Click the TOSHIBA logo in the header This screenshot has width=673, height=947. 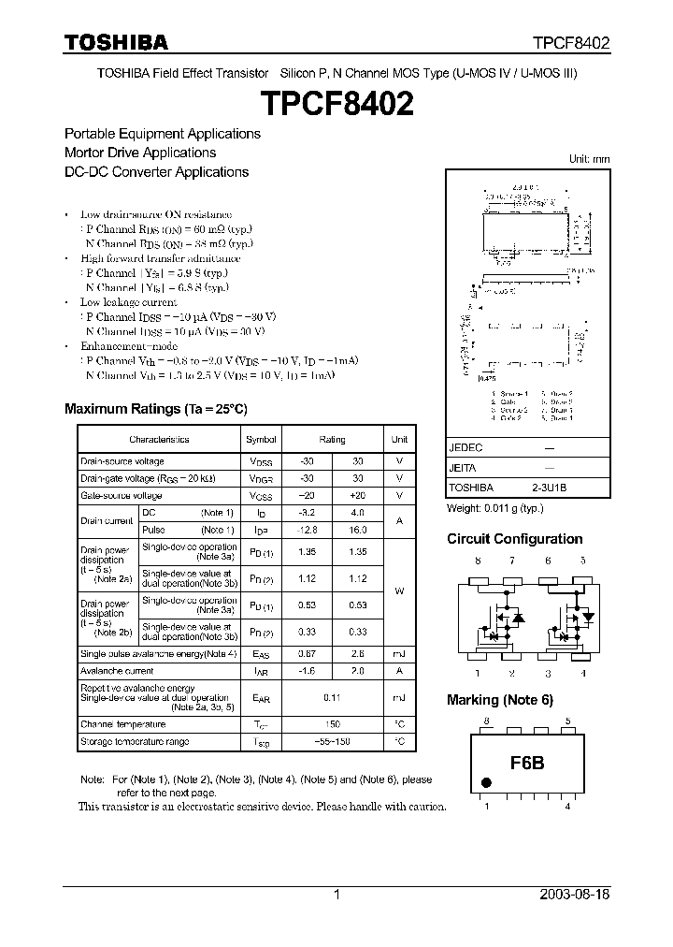click(x=116, y=42)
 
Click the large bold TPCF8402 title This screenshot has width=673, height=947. click(x=336, y=102)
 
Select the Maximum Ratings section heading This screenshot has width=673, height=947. click(x=155, y=409)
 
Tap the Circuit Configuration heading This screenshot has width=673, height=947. click(x=514, y=539)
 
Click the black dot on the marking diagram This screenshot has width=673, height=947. click(x=486, y=782)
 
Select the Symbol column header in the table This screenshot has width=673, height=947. click(x=261, y=439)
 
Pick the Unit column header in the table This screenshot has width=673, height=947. click(x=399, y=439)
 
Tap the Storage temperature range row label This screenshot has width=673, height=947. click(x=135, y=742)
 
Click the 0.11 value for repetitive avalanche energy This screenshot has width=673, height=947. click(x=332, y=697)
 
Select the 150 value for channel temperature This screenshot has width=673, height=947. click(x=332, y=724)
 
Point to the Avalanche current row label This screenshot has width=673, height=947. click(x=117, y=671)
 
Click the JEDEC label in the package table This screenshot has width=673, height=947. click(x=465, y=448)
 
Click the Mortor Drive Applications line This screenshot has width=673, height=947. click(x=140, y=153)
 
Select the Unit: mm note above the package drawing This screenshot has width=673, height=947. click(x=589, y=159)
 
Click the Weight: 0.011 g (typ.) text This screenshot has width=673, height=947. click(x=494, y=508)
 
